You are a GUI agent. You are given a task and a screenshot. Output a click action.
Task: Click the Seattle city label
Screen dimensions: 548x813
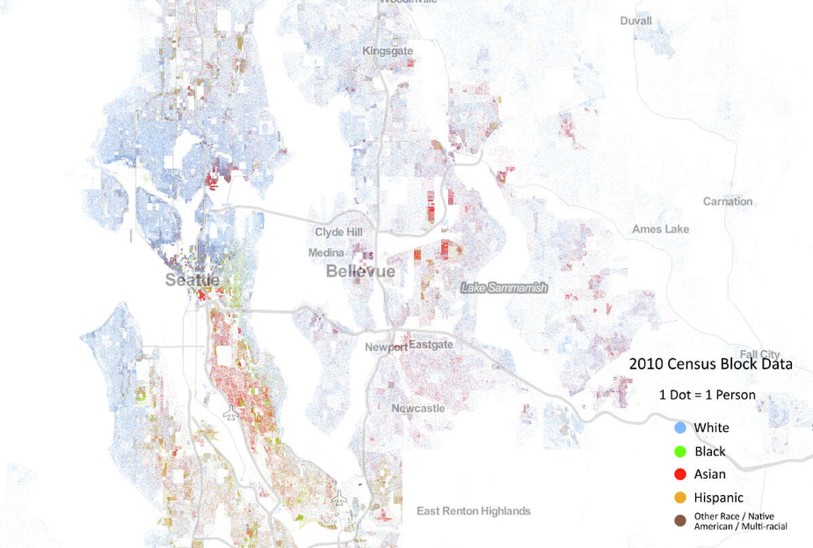pyautogui.click(x=192, y=280)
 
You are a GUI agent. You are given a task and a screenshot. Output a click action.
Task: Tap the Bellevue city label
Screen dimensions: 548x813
pyautogui.click(x=360, y=271)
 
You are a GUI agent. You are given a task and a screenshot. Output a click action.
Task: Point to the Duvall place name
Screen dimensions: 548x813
pyautogui.click(x=635, y=21)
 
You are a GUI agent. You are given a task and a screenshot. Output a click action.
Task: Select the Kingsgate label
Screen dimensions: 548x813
pyautogui.click(x=388, y=51)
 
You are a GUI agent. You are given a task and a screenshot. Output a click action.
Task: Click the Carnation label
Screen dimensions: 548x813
pyautogui.click(x=728, y=201)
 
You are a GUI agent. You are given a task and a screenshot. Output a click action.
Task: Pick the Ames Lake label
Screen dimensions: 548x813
pyautogui.click(x=660, y=229)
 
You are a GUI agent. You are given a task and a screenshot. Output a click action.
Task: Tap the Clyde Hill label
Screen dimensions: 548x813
pyautogui.click(x=338, y=232)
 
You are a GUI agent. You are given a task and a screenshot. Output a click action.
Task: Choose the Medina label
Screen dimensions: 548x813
pyautogui.click(x=327, y=252)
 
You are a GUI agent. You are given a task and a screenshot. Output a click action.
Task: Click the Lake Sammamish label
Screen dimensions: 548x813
pyautogui.click(x=503, y=288)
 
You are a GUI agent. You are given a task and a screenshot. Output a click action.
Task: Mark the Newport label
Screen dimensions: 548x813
pyautogui.click(x=386, y=347)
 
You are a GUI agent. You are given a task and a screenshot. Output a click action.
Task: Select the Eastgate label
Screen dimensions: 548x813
pyautogui.click(x=431, y=345)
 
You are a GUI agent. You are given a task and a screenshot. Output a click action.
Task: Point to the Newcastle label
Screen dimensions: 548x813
pyautogui.click(x=418, y=408)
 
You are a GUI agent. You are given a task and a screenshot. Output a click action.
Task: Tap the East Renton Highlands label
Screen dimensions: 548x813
pyautogui.click(x=474, y=511)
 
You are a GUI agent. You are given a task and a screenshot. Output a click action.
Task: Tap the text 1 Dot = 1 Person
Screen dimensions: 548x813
pyautogui.click(x=707, y=395)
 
